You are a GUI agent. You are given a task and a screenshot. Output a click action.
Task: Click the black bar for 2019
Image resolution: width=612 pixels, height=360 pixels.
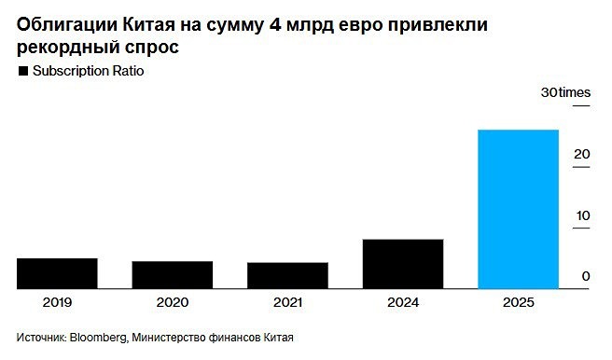point(57,273)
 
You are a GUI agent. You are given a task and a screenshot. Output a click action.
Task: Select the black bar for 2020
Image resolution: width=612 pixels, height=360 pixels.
point(172,275)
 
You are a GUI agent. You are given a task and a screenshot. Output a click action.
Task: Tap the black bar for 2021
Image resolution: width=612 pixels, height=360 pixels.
point(287,275)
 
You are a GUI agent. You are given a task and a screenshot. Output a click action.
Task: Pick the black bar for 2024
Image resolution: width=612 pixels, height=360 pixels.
point(402,264)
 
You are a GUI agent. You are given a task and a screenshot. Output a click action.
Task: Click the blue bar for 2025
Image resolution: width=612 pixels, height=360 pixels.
point(518,209)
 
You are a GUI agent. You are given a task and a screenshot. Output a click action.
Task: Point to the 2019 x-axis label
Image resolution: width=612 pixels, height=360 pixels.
point(57,303)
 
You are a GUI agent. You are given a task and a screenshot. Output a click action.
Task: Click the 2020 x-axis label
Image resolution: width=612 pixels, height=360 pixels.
point(172,303)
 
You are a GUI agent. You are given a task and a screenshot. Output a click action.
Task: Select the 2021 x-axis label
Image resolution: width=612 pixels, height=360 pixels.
point(287,303)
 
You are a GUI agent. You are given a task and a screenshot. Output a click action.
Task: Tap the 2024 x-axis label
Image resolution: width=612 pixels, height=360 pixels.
point(402,303)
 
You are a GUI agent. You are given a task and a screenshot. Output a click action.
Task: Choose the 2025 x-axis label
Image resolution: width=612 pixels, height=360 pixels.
point(518,303)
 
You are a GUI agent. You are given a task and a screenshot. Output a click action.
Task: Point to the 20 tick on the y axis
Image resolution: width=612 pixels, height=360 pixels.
point(581,154)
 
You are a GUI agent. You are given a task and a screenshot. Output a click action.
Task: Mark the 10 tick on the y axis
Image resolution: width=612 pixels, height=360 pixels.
point(581,215)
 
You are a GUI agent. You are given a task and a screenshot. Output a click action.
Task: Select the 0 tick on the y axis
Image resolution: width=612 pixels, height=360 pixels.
point(585,276)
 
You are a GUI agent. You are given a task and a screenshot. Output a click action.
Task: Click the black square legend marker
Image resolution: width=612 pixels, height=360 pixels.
point(21,72)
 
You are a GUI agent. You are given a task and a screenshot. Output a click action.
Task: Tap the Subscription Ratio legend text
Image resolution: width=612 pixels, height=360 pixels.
point(89,72)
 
